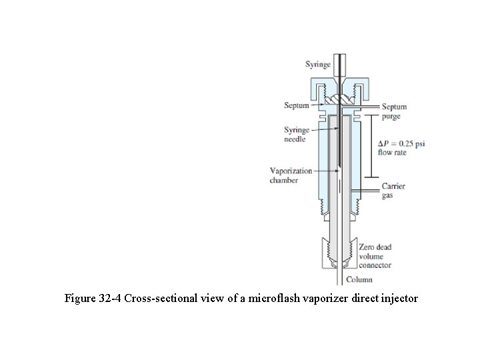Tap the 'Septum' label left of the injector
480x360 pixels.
coord(296,105)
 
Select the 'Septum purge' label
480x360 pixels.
coord(394,111)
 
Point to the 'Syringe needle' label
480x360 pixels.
coord(296,135)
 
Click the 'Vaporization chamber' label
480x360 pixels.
coord(291,175)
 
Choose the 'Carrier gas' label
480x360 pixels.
coord(393,191)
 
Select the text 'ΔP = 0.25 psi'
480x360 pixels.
coord(401,144)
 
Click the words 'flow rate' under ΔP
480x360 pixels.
coord(393,153)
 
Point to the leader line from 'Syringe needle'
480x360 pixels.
coord(323,131)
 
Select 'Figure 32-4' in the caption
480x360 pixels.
coord(93,299)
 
